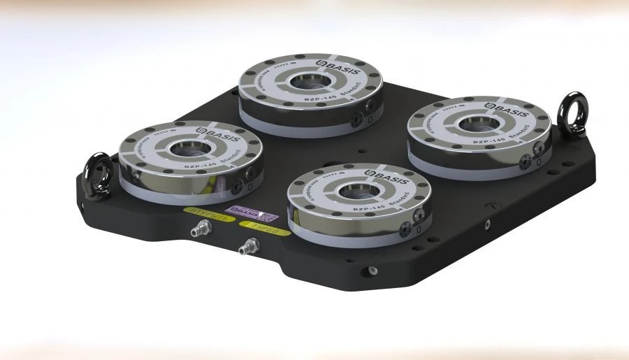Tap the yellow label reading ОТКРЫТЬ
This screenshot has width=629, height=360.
pyautogui.click(x=201, y=210)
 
